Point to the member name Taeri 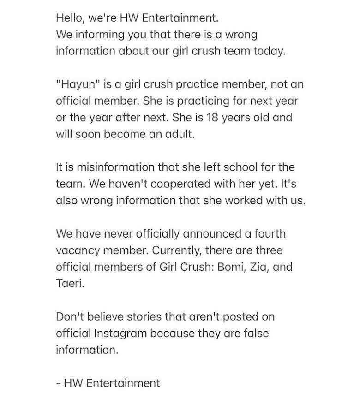coord(70,283)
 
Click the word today coord(267,51)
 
